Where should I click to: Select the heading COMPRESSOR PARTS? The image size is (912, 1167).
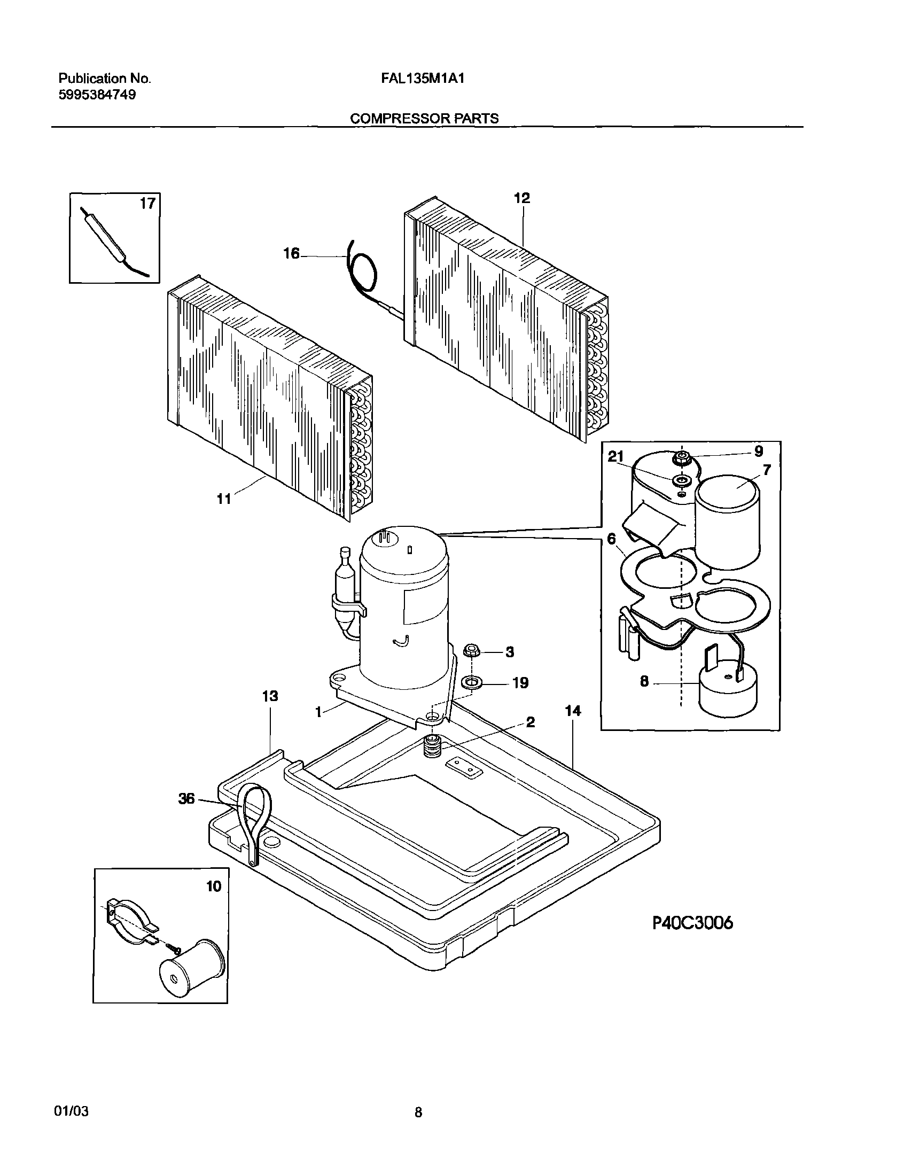[424, 119]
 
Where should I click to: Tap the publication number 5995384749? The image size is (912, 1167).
[97, 95]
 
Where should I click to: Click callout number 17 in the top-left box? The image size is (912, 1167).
[147, 204]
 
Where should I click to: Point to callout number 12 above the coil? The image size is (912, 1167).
[521, 198]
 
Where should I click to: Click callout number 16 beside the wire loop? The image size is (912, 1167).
[291, 254]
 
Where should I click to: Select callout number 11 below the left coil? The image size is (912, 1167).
[224, 499]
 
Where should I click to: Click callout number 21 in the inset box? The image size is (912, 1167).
[616, 457]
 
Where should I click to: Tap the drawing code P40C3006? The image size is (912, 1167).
[692, 923]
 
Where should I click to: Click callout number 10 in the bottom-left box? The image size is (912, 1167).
[214, 886]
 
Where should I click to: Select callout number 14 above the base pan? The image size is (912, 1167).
[572, 711]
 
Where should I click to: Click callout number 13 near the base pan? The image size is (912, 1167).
[270, 696]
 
